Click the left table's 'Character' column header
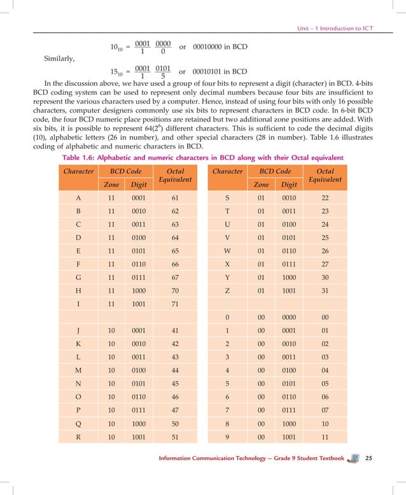point(78,172)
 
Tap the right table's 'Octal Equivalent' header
point(325,176)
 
